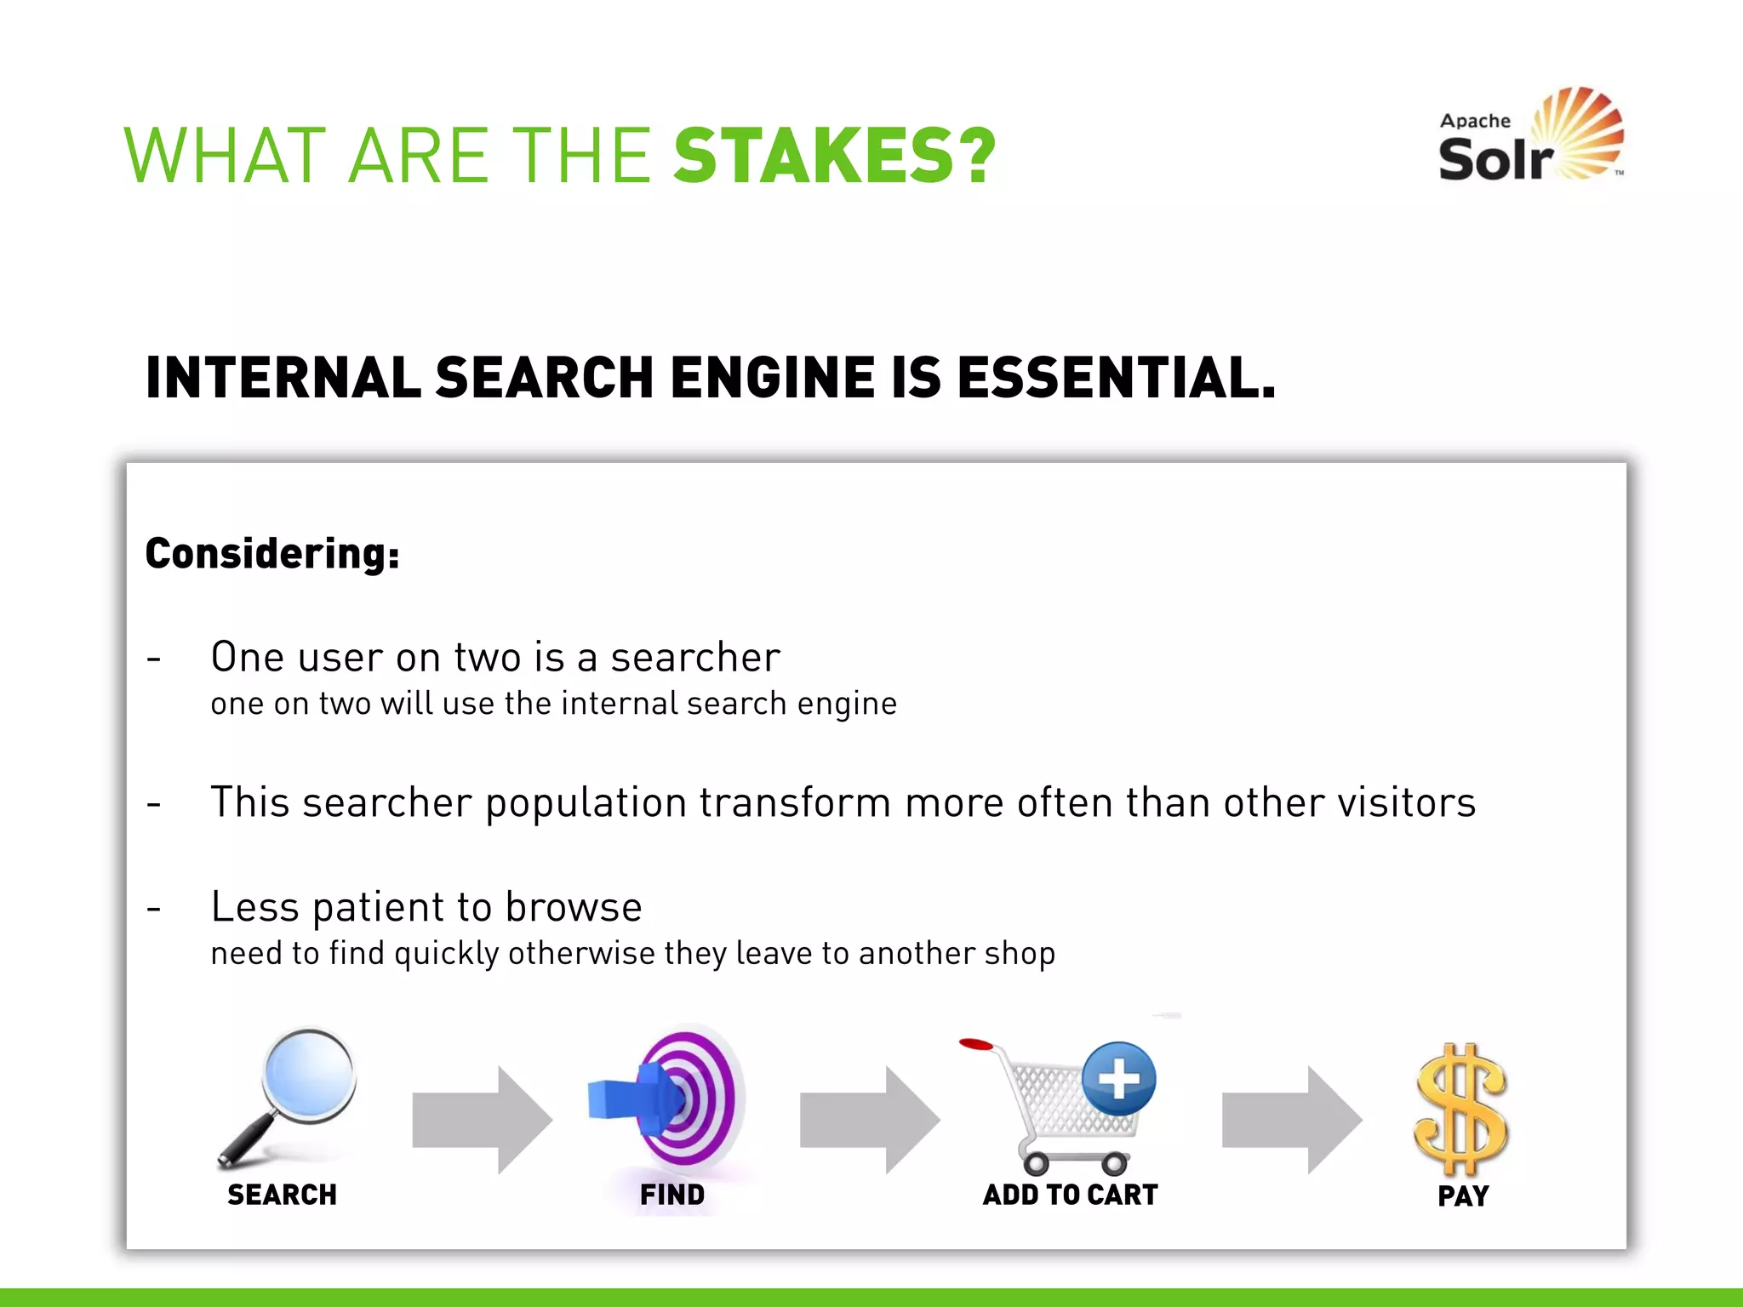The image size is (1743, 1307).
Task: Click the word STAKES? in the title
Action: coord(834,156)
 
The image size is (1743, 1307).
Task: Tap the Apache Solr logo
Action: coord(1530,136)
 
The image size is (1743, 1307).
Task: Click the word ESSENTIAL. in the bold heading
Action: coord(1116,378)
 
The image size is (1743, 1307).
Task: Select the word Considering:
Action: coord(272,554)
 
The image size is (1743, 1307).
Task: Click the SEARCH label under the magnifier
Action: coord(282,1195)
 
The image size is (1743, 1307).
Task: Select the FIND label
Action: coord(671,1195)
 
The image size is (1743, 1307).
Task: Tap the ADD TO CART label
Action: coord(1070,1195)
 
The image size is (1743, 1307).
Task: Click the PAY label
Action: coord(1462,1196)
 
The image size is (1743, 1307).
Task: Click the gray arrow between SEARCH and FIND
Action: coord(482,1120)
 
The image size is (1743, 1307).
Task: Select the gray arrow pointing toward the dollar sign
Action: coord(1291,1120)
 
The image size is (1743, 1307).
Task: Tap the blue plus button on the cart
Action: coord(1119,1079)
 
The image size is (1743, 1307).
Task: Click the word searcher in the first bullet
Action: coord(695,657)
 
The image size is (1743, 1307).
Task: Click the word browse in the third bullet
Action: coord(574,907)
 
